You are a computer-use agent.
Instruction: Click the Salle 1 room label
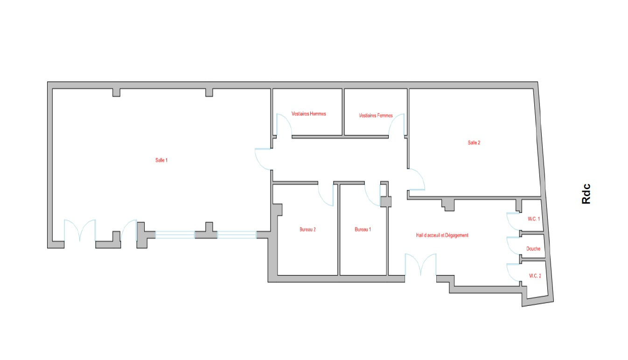click(x=161, y=160)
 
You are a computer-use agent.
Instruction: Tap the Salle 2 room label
click(x=474, y=143)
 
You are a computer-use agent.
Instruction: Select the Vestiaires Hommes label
click(x=308, y=114)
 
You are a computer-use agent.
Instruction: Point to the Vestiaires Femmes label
click(x=376, y=115)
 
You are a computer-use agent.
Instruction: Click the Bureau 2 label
click(x=308, y=229)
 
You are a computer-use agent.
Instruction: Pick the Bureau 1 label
click(x=363, y=229)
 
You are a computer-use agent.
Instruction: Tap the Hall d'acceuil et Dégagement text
click(x=442, y=235)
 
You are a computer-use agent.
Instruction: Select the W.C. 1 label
click(x=534, y=219)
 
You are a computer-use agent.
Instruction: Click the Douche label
click(x=533, y=249)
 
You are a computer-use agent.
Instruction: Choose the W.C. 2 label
click(x=535, y=275)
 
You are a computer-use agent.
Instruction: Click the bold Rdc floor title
click(x=586, y=194)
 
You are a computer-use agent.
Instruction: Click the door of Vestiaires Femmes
click(x=398, y=125)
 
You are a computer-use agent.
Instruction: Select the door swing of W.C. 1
click(x=513, y=221)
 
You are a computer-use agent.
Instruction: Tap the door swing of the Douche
click(x=513, y=246)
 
